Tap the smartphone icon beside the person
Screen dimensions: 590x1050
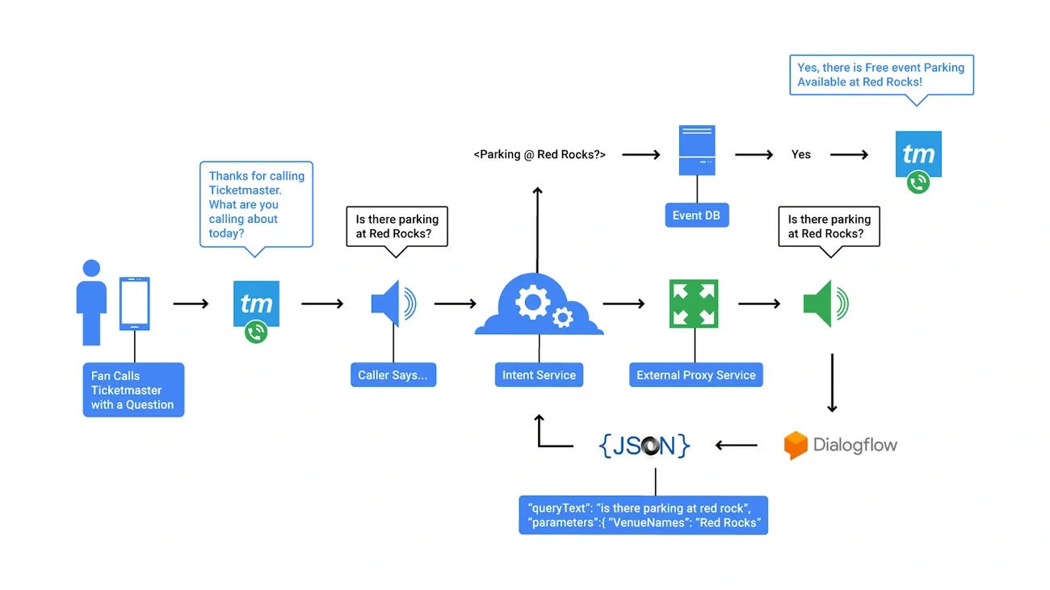tap(134, 303)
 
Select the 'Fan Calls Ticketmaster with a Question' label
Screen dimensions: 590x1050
tap(133, 390)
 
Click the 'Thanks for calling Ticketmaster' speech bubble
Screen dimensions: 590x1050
tap(256, 204)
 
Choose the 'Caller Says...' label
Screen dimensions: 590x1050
tap(393, 375)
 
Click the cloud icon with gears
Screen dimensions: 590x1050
tap(539, 305)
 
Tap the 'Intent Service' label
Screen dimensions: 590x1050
tap(539, 375)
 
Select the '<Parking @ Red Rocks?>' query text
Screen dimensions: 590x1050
tap(539, 154)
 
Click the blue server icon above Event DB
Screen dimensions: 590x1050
tap(696, 150)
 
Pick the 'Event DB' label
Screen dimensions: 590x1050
tap(696, 215)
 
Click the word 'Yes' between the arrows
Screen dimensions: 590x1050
tap(800, 154)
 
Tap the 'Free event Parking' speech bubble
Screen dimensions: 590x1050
tap(881, 75)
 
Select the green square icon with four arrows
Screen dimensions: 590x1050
tap(694, 303)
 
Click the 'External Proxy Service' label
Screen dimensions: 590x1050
tap(695, 375)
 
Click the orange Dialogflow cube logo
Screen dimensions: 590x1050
tap(796, 446)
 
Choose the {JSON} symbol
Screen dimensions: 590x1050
tap(645, 445)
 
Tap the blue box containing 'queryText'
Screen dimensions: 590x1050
tap(643, 515)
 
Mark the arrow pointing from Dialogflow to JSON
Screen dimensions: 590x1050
tap(737, 445)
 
